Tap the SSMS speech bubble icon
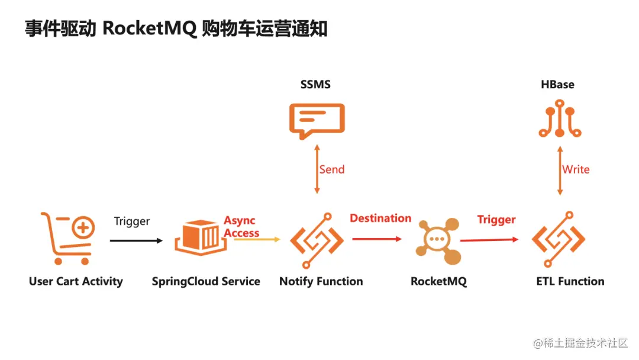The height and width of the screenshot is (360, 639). [317, 120]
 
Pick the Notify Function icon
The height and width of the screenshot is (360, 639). [317, 240]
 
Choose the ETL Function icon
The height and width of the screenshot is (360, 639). [559, 240]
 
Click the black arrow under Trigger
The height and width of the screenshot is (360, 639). [136, 240]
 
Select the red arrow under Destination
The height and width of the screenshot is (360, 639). [377, 239]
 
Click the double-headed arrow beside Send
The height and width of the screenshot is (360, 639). [317, 169]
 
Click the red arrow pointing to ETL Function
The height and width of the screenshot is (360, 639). [490, 240]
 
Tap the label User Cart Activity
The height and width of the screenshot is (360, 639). [76, 281]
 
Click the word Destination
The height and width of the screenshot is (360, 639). [380, 218]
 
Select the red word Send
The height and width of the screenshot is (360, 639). [332, 169]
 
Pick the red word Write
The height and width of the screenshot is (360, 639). [576, 169]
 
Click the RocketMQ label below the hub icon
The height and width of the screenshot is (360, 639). [438, 282]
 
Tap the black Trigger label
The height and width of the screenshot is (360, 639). [132, 221]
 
